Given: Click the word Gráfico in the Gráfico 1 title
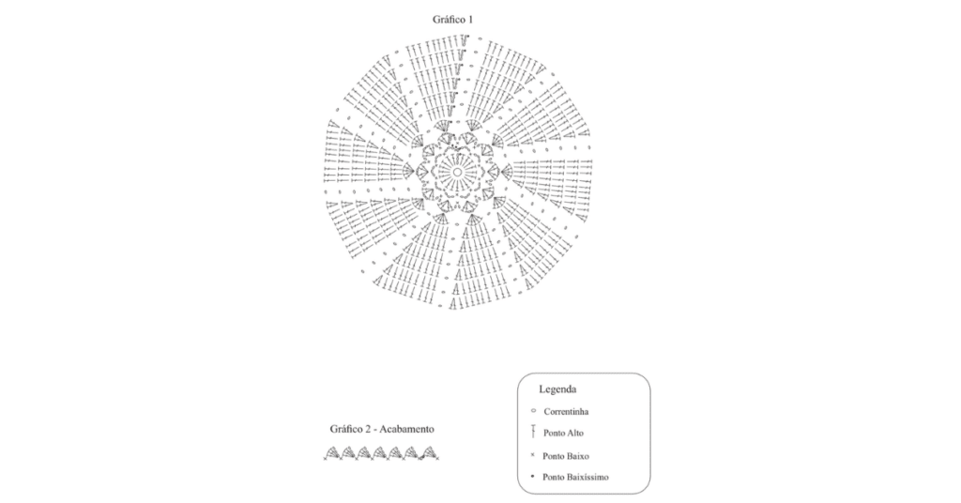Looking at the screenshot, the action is [448, 20].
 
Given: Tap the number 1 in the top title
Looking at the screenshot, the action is [470, 20].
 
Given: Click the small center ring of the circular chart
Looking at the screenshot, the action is [457, 172].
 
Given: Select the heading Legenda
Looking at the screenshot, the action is [557, 389].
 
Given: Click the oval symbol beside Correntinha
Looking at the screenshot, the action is [533, 410].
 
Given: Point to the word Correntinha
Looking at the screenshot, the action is [566, 412].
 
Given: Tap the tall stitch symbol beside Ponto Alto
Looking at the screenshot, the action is [533, 432].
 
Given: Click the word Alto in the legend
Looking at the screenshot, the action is [574, 434].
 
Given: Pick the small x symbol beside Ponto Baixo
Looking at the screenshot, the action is [533, 455].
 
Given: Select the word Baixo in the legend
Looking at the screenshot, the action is [577, 456].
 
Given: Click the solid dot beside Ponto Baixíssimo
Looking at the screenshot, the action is [533, 476].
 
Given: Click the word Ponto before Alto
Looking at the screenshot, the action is [553, 434].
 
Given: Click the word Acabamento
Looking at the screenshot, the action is [406, 429].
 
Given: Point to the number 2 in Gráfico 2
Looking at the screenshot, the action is [368, 429].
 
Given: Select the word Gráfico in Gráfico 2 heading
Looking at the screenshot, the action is [345, 430].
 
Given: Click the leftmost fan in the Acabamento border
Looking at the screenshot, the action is [332, 453].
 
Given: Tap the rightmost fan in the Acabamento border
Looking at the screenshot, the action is [430, 453].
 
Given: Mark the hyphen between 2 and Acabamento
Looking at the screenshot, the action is [375, 430].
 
